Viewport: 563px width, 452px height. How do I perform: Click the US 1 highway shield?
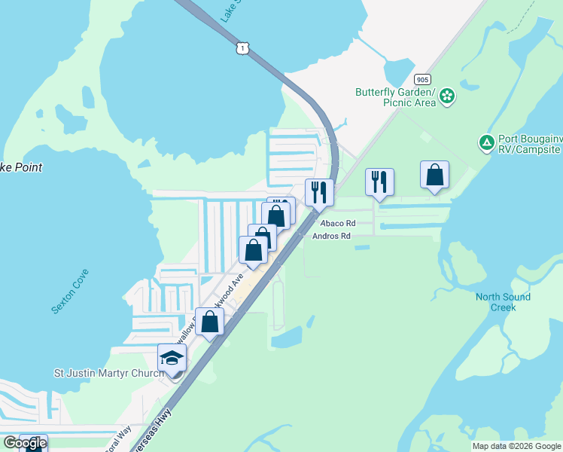242,48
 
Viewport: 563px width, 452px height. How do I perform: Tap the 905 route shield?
421,79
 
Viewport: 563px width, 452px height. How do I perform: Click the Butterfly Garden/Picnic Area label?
396,97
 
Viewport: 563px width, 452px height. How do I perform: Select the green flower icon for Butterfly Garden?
448,96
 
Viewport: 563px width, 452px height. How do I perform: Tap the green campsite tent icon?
487,142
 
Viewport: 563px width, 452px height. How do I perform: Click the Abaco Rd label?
336,224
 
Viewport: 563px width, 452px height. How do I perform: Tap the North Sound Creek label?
503,301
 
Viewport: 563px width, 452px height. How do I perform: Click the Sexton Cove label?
70,291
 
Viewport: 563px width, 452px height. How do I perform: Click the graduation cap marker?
172,358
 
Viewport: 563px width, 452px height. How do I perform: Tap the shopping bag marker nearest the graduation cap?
210,322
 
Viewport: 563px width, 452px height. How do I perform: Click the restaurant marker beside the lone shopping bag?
379,182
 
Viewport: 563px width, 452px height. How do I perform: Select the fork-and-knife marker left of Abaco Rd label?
319,193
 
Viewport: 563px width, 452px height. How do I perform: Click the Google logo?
25,443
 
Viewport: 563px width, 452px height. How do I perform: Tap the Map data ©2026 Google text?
516,446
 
